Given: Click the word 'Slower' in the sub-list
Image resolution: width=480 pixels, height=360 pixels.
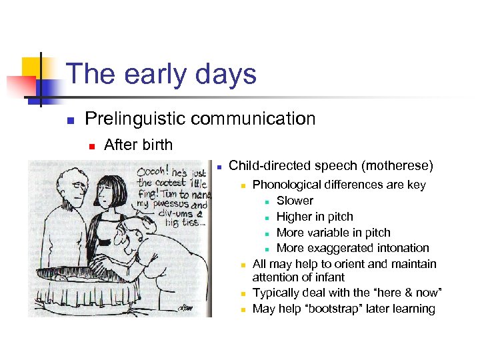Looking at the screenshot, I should [295, 201].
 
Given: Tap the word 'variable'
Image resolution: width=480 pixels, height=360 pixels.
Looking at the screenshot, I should [328, 233].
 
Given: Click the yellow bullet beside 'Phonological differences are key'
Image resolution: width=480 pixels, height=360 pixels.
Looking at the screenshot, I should [244, 185].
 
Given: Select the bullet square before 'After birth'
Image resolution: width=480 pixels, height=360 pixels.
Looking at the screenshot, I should [91, 145].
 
